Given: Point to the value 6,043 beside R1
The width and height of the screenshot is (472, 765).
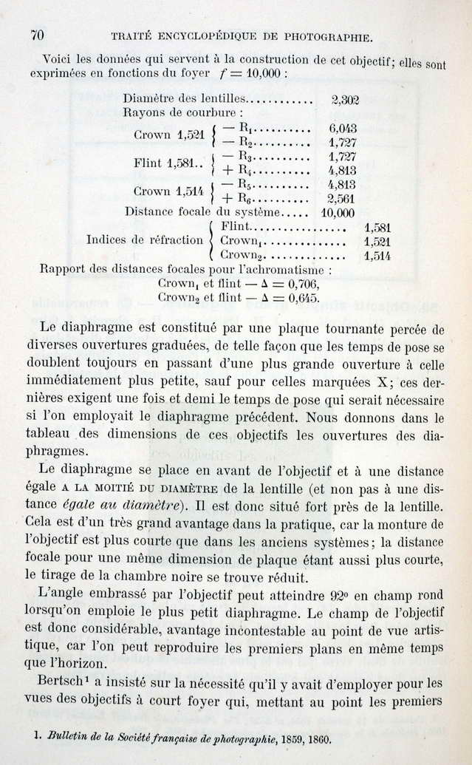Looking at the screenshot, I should point(343,127).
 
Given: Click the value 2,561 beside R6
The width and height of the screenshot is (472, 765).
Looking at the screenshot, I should point(341,198).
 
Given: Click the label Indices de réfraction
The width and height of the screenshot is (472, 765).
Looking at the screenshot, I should point(144,240).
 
